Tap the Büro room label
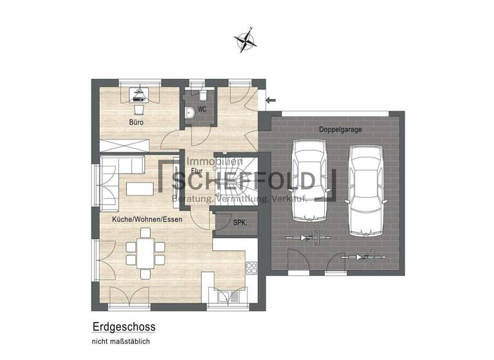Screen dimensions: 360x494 pyautogui.click(x=136, y=122)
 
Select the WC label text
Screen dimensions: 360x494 pyautogui.click(x=202, y=110)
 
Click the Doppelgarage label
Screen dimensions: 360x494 pyautogui.click(x=340, y=129)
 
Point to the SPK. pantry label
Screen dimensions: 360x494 pyautogui.click(x=239, y=223)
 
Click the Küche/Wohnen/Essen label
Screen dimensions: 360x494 pyautogui.click(x=147, y=219)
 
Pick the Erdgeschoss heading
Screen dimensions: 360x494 pyautogui.click(x=123, y=327)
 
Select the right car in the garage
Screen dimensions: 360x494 pyautogui.click(x=365, y=190)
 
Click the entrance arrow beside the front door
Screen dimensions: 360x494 pyautogui.click(x=271, y=100)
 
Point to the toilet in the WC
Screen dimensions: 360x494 pyautogui.click(x=190, y=113)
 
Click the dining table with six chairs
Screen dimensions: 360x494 pyautogui.click(x=140, y=252)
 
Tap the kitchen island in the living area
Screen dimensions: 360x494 pyautogui.click(x=140, y=188)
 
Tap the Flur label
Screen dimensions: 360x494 pyautogui.click(x=194, y=172)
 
